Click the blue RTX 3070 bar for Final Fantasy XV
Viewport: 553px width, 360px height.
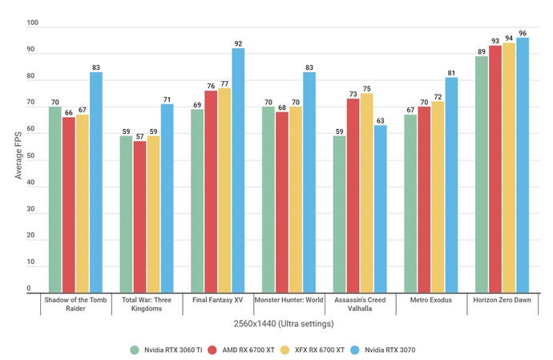pos(238,170)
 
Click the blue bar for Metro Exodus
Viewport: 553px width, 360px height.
pos(451,184)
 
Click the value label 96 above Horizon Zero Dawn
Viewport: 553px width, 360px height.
pos(523,34)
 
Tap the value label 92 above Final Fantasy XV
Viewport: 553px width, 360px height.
pos(238,44)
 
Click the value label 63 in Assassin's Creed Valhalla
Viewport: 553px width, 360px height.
pos(381,119)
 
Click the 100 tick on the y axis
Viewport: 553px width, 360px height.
pos(31,24)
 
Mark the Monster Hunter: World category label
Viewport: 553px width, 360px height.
pos(288,300)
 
